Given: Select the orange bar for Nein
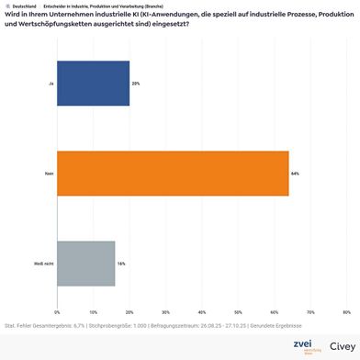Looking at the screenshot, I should click(173, 173).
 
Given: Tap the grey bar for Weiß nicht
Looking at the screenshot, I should click(86, 264).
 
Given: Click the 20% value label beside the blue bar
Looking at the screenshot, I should click(136, 83).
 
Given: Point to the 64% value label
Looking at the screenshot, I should click(296, 173).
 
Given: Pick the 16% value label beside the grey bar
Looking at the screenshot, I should click(121, 264).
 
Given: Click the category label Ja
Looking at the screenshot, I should click(49, 83).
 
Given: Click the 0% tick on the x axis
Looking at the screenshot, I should click(58, 312).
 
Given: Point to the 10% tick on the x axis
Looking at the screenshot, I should click(94, 312).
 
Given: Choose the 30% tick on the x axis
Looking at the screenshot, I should click(166, 312).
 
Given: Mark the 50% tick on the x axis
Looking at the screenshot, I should click(238, 312).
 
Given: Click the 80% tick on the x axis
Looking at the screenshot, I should click(346, 312).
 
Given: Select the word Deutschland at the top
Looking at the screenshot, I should click(24, 6).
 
